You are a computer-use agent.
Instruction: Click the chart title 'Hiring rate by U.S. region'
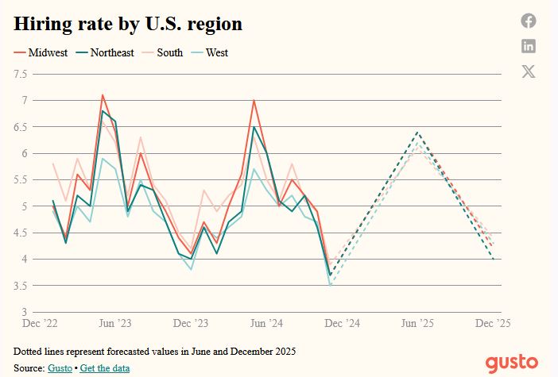128,24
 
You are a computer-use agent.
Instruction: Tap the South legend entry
169,53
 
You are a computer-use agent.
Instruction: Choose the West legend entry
216,53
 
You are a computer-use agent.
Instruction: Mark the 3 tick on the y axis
25,312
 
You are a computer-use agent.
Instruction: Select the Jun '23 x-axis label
114,324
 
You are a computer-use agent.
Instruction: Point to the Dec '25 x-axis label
493,324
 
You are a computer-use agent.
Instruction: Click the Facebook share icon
529,21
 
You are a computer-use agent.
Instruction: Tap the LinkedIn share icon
529,46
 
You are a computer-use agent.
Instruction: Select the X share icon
529,71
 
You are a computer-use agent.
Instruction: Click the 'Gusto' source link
59,367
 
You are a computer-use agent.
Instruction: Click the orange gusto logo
512,363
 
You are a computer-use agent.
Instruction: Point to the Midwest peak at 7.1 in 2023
103,95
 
